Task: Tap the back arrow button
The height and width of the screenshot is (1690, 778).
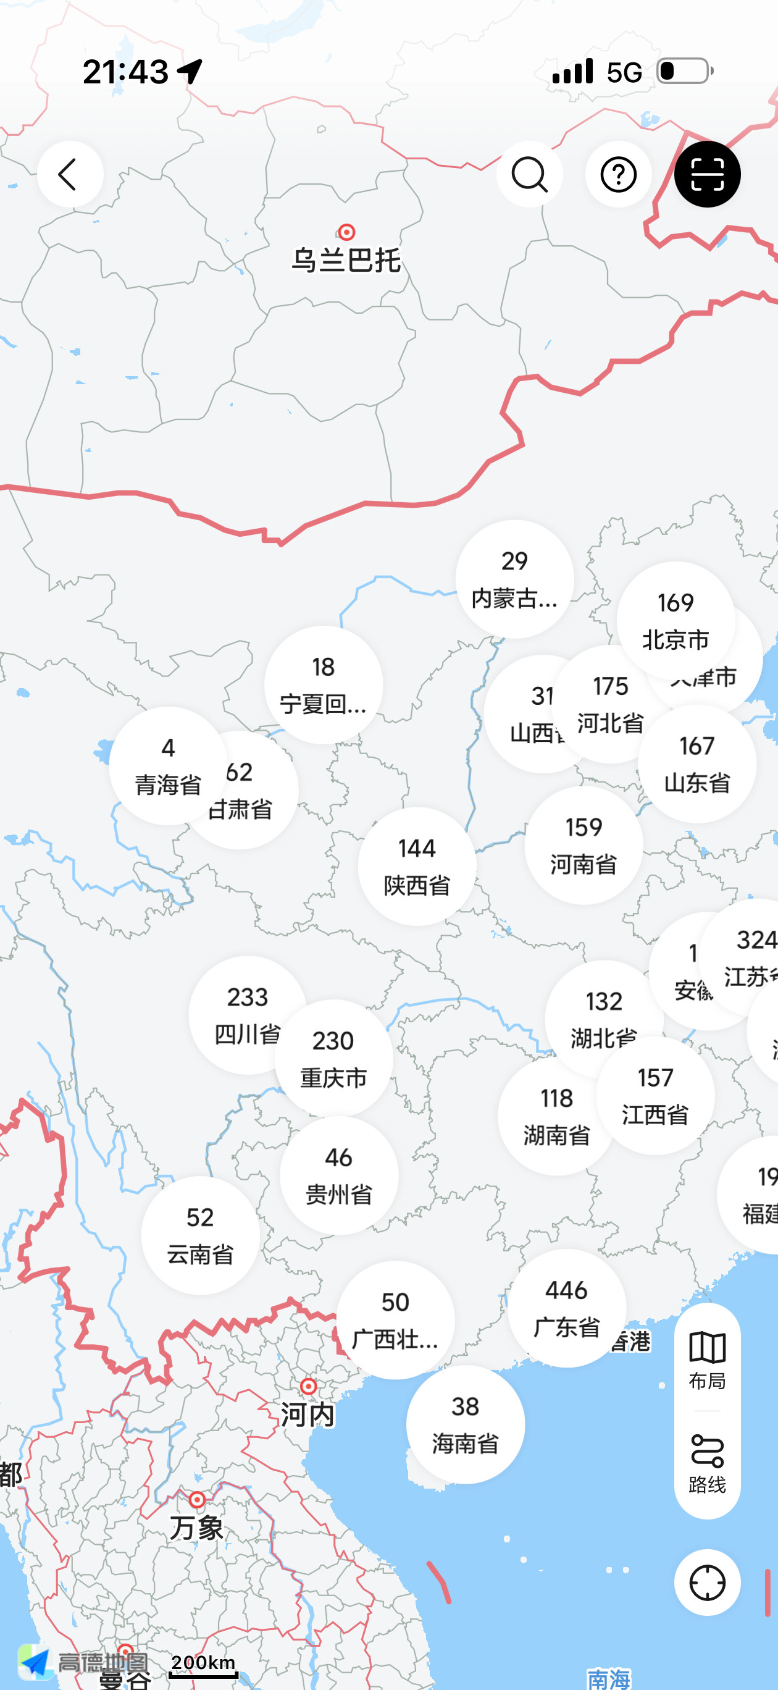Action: (70, 175)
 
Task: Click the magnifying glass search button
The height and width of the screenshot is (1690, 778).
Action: (529, 175)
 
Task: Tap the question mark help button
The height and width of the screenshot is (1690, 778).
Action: (618, 175)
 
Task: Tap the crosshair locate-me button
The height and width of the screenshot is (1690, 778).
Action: (707, 1583)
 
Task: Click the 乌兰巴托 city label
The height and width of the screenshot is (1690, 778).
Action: (346, 260)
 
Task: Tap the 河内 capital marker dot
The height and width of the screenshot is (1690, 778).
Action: (308, 1386)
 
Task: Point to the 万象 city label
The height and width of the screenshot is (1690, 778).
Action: (197, 1528)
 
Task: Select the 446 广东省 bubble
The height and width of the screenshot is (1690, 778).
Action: (566, 1308)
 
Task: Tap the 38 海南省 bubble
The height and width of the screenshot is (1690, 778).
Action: (465, 1425)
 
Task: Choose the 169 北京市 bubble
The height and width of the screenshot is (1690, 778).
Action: (675, 621)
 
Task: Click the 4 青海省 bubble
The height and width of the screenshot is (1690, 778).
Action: (168, 765)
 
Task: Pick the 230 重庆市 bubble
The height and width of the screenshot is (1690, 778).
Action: (333, 1059)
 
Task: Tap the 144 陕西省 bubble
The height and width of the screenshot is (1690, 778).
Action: (417, 866)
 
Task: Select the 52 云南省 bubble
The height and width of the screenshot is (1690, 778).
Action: (200, 1235)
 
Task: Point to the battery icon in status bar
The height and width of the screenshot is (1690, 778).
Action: (685, 71)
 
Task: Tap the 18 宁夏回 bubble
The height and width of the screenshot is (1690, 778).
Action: (324, 685)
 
